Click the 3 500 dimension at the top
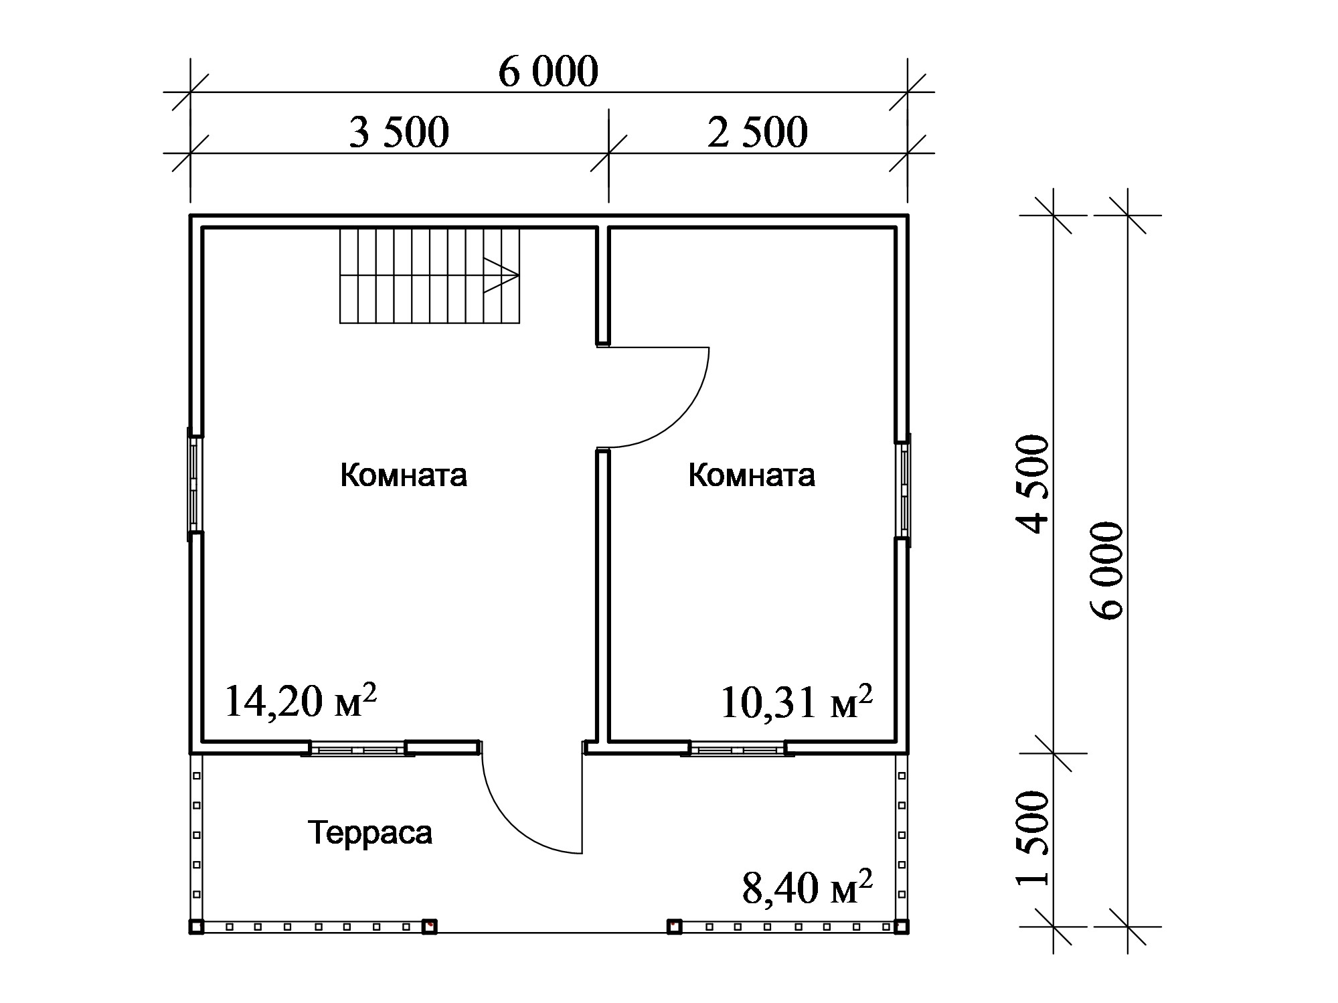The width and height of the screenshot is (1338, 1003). [399, 133]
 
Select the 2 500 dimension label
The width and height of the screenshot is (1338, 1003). [758, 133]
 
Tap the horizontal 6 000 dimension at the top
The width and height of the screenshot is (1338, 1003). [548, 72]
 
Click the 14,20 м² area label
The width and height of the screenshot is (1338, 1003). [301, 700]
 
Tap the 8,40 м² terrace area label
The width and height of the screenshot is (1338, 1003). [807, 887]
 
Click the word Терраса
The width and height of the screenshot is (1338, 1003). [370, 834]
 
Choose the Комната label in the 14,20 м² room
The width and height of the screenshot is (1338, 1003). [404, 475]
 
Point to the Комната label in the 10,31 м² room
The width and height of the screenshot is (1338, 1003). [752, 475]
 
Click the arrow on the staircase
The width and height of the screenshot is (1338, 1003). [501, 275]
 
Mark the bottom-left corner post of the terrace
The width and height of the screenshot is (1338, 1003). [196, 927]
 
